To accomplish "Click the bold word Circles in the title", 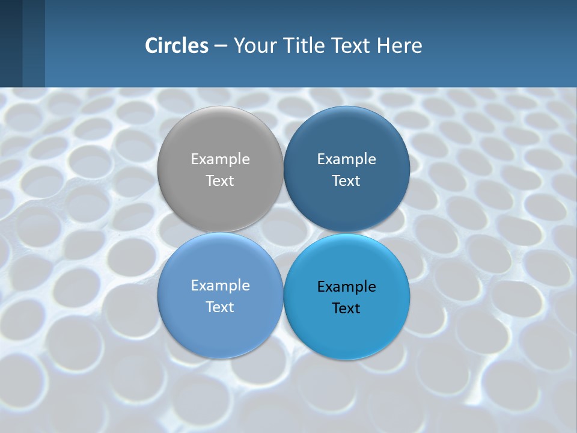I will click(176, 46).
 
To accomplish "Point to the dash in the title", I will click(220, 46).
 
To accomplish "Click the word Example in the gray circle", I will click(220, 159).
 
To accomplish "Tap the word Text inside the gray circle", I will click(220, 180).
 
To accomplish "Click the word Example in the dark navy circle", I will click(346, 159).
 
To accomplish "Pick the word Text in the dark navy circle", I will click(346, 180).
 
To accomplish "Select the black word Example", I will click(346, 286).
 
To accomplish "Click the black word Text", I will click(346, 308).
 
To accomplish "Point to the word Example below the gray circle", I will click(220, 285).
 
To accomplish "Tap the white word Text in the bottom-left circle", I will click(220, 307).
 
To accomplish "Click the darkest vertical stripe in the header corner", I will click(11, 43).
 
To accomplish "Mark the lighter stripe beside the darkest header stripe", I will click(34, 43).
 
